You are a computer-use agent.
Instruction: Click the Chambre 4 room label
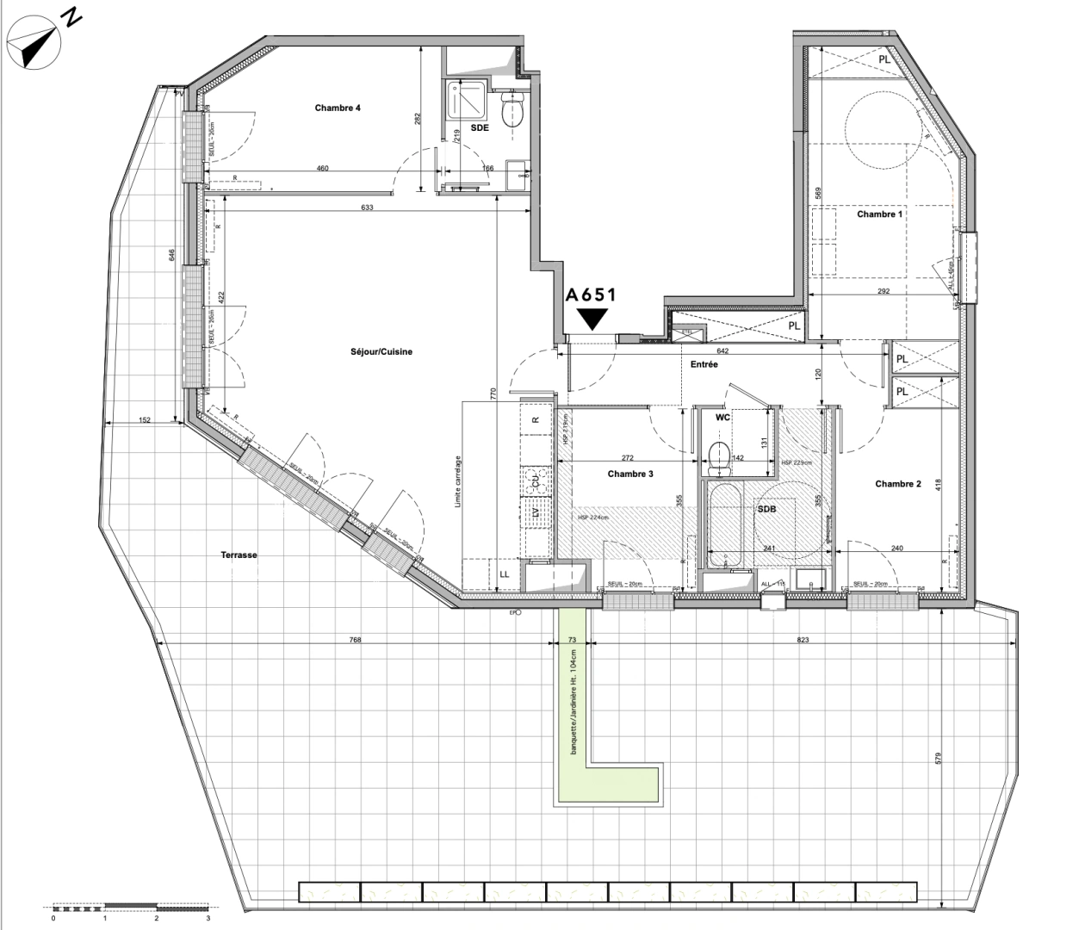pos(338,108)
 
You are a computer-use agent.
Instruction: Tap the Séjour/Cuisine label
pos(381,351)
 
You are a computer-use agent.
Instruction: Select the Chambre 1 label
pos(879,214)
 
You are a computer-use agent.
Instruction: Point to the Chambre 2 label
pos(898,484)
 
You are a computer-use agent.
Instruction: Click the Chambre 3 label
pos(630,474)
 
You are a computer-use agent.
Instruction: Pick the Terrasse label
pos(239,555)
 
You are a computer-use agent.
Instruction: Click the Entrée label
pos(704,364)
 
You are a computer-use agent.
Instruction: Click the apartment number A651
pos(591,294)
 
